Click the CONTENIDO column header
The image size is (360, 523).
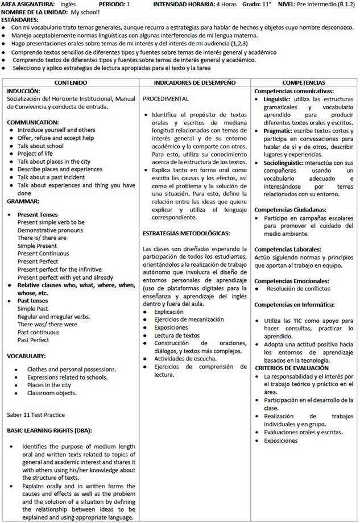coord(71,83)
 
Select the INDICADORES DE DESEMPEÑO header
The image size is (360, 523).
coord(195,83)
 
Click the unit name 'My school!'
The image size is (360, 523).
coord(83,11)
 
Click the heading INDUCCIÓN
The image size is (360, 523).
coord(23,90)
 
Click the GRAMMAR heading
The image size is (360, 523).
coord(23,201)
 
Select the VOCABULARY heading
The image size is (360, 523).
coord(26,356)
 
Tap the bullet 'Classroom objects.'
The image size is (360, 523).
coord(52,393)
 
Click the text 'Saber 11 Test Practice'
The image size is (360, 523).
coord(36,414)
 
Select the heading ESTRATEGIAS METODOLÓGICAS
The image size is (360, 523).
coord(186,233)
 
